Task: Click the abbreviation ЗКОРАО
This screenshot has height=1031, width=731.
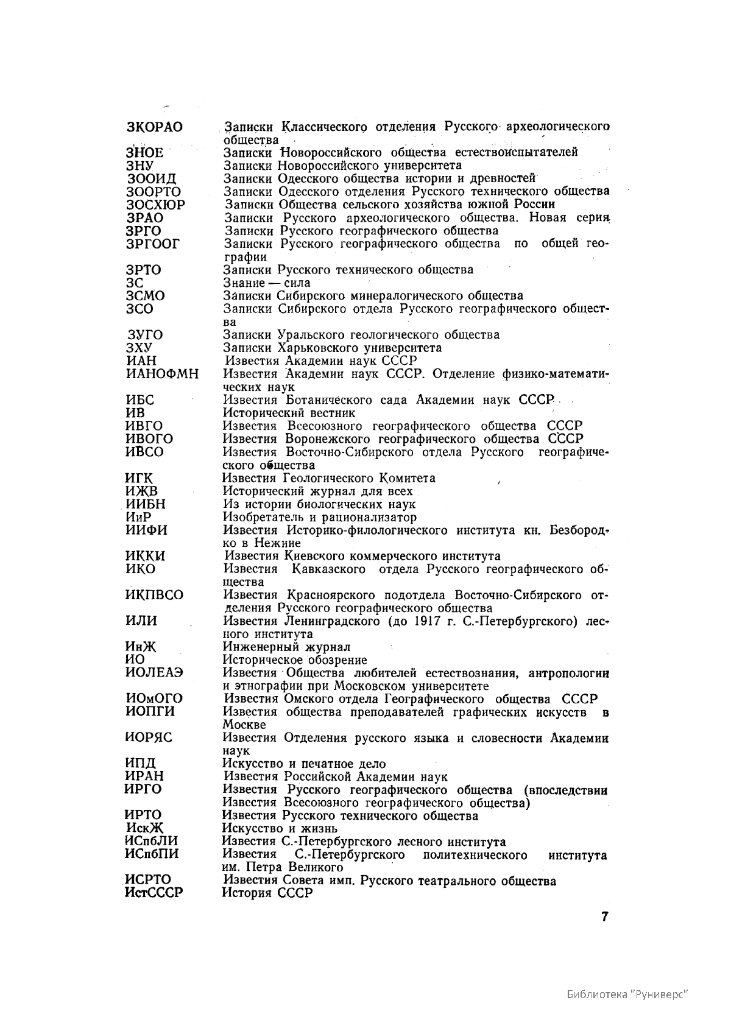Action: pyautogui.click(x=154, y=127)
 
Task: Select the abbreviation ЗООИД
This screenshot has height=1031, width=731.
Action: pyautogui.click(x=152, y=179)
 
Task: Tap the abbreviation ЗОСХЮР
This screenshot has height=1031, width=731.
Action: pyautogui.click(x=155, y=205)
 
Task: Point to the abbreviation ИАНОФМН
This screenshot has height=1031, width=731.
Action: pyautogui.click(x=161, y=374)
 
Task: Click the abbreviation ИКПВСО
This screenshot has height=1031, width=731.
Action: pyautogui.click(x=154, y=595)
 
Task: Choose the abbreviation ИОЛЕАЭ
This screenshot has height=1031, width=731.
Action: pyautogui.click(x=154, y=673)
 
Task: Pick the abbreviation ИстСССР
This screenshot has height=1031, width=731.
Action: pyautogui.click(x=154, y=893)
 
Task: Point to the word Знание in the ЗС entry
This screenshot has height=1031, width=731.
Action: pyautogui.click(x=243, y=283)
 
